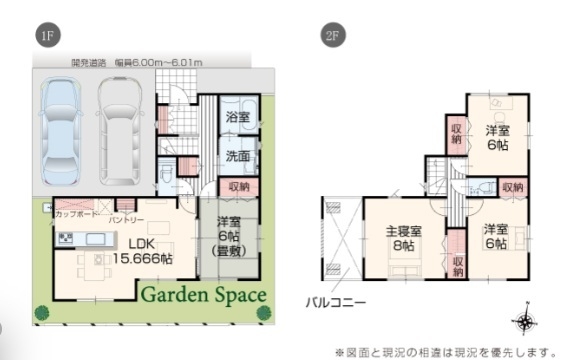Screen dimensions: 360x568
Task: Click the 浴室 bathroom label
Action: [x=238, y=118]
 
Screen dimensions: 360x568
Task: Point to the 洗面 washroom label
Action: [x=238, y=156]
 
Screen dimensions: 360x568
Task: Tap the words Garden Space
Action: [x=202, y=295]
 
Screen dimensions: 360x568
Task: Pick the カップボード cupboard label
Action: [x=76, y=215]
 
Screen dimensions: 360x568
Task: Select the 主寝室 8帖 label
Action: [x=403, y=241]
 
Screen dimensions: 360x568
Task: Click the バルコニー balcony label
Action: [x=335, y=300]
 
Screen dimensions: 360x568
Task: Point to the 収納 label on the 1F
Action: [x=238, y=186]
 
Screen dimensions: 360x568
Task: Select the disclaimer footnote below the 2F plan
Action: [x=445, y=350]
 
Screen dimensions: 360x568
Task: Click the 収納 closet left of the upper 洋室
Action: [x=456, y=132]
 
